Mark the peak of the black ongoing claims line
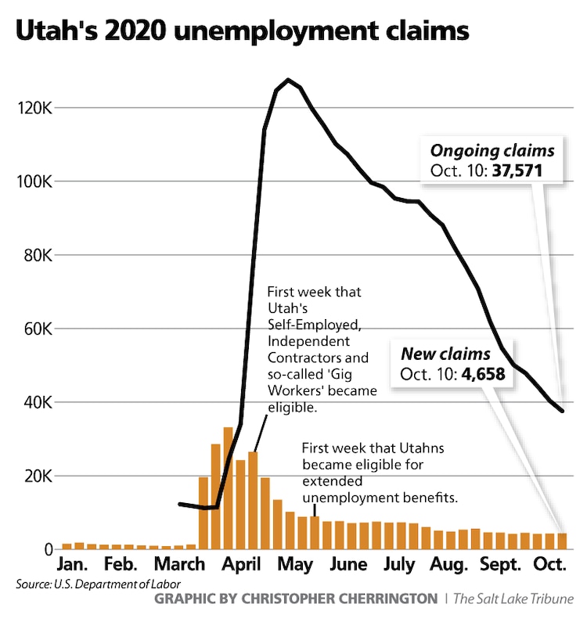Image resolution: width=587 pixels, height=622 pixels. pos(288,80)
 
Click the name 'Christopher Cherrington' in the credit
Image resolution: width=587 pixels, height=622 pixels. pos(351,599)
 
